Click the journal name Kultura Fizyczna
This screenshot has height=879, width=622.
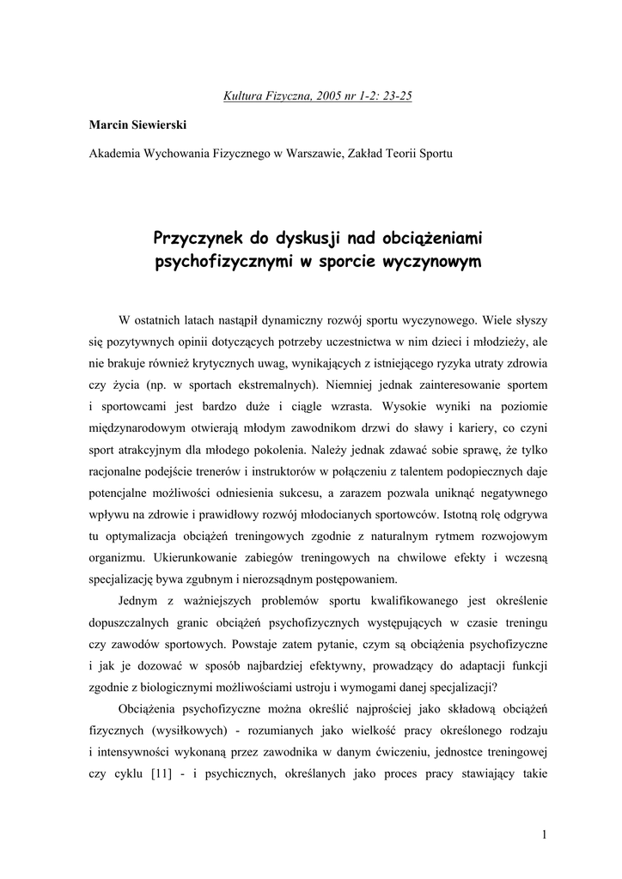click(259, 95)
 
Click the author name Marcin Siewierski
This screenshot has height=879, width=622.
click(134, 124)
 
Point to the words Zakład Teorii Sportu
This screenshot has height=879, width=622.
click(399, 154)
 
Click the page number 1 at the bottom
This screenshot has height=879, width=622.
click(545, 834)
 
